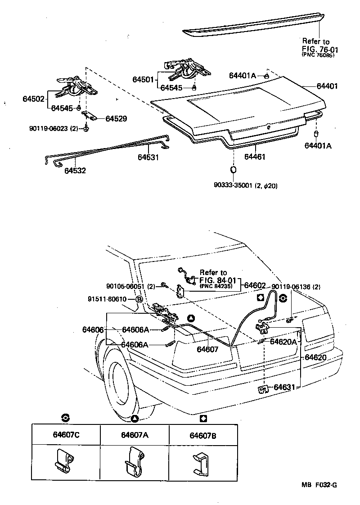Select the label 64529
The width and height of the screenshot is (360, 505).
point(116,119)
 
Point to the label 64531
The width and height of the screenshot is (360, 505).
point(148,157)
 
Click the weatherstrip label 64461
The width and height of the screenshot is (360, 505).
point(255,157)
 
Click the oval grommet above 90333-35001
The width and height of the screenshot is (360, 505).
point(234,170)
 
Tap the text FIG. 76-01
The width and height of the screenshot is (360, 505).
point(319,49)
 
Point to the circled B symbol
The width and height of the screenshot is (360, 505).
point(139,299)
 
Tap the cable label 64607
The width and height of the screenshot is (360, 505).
point(207,349)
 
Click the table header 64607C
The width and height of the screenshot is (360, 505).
point(66,435)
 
